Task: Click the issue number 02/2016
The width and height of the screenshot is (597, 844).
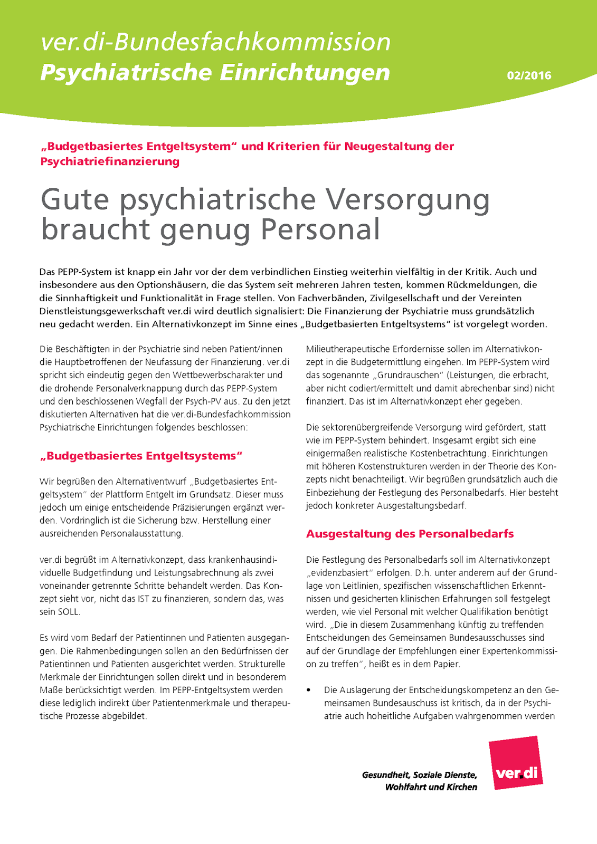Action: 529,75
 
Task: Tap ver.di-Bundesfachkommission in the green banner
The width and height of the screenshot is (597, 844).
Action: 215,42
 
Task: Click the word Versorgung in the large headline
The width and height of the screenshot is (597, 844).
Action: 407,200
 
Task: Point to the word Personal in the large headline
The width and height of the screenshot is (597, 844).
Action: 320,229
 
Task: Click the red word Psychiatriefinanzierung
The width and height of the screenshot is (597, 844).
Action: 110,161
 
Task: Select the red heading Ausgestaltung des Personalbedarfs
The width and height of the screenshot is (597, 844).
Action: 410,534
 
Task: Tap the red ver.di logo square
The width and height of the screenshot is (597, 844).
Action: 516,763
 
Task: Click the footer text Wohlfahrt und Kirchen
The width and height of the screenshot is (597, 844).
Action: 431,787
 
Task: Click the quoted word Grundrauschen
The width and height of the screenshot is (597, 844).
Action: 402,375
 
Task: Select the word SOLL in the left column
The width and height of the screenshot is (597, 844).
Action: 68,612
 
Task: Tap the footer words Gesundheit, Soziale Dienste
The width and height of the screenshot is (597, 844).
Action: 419,775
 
